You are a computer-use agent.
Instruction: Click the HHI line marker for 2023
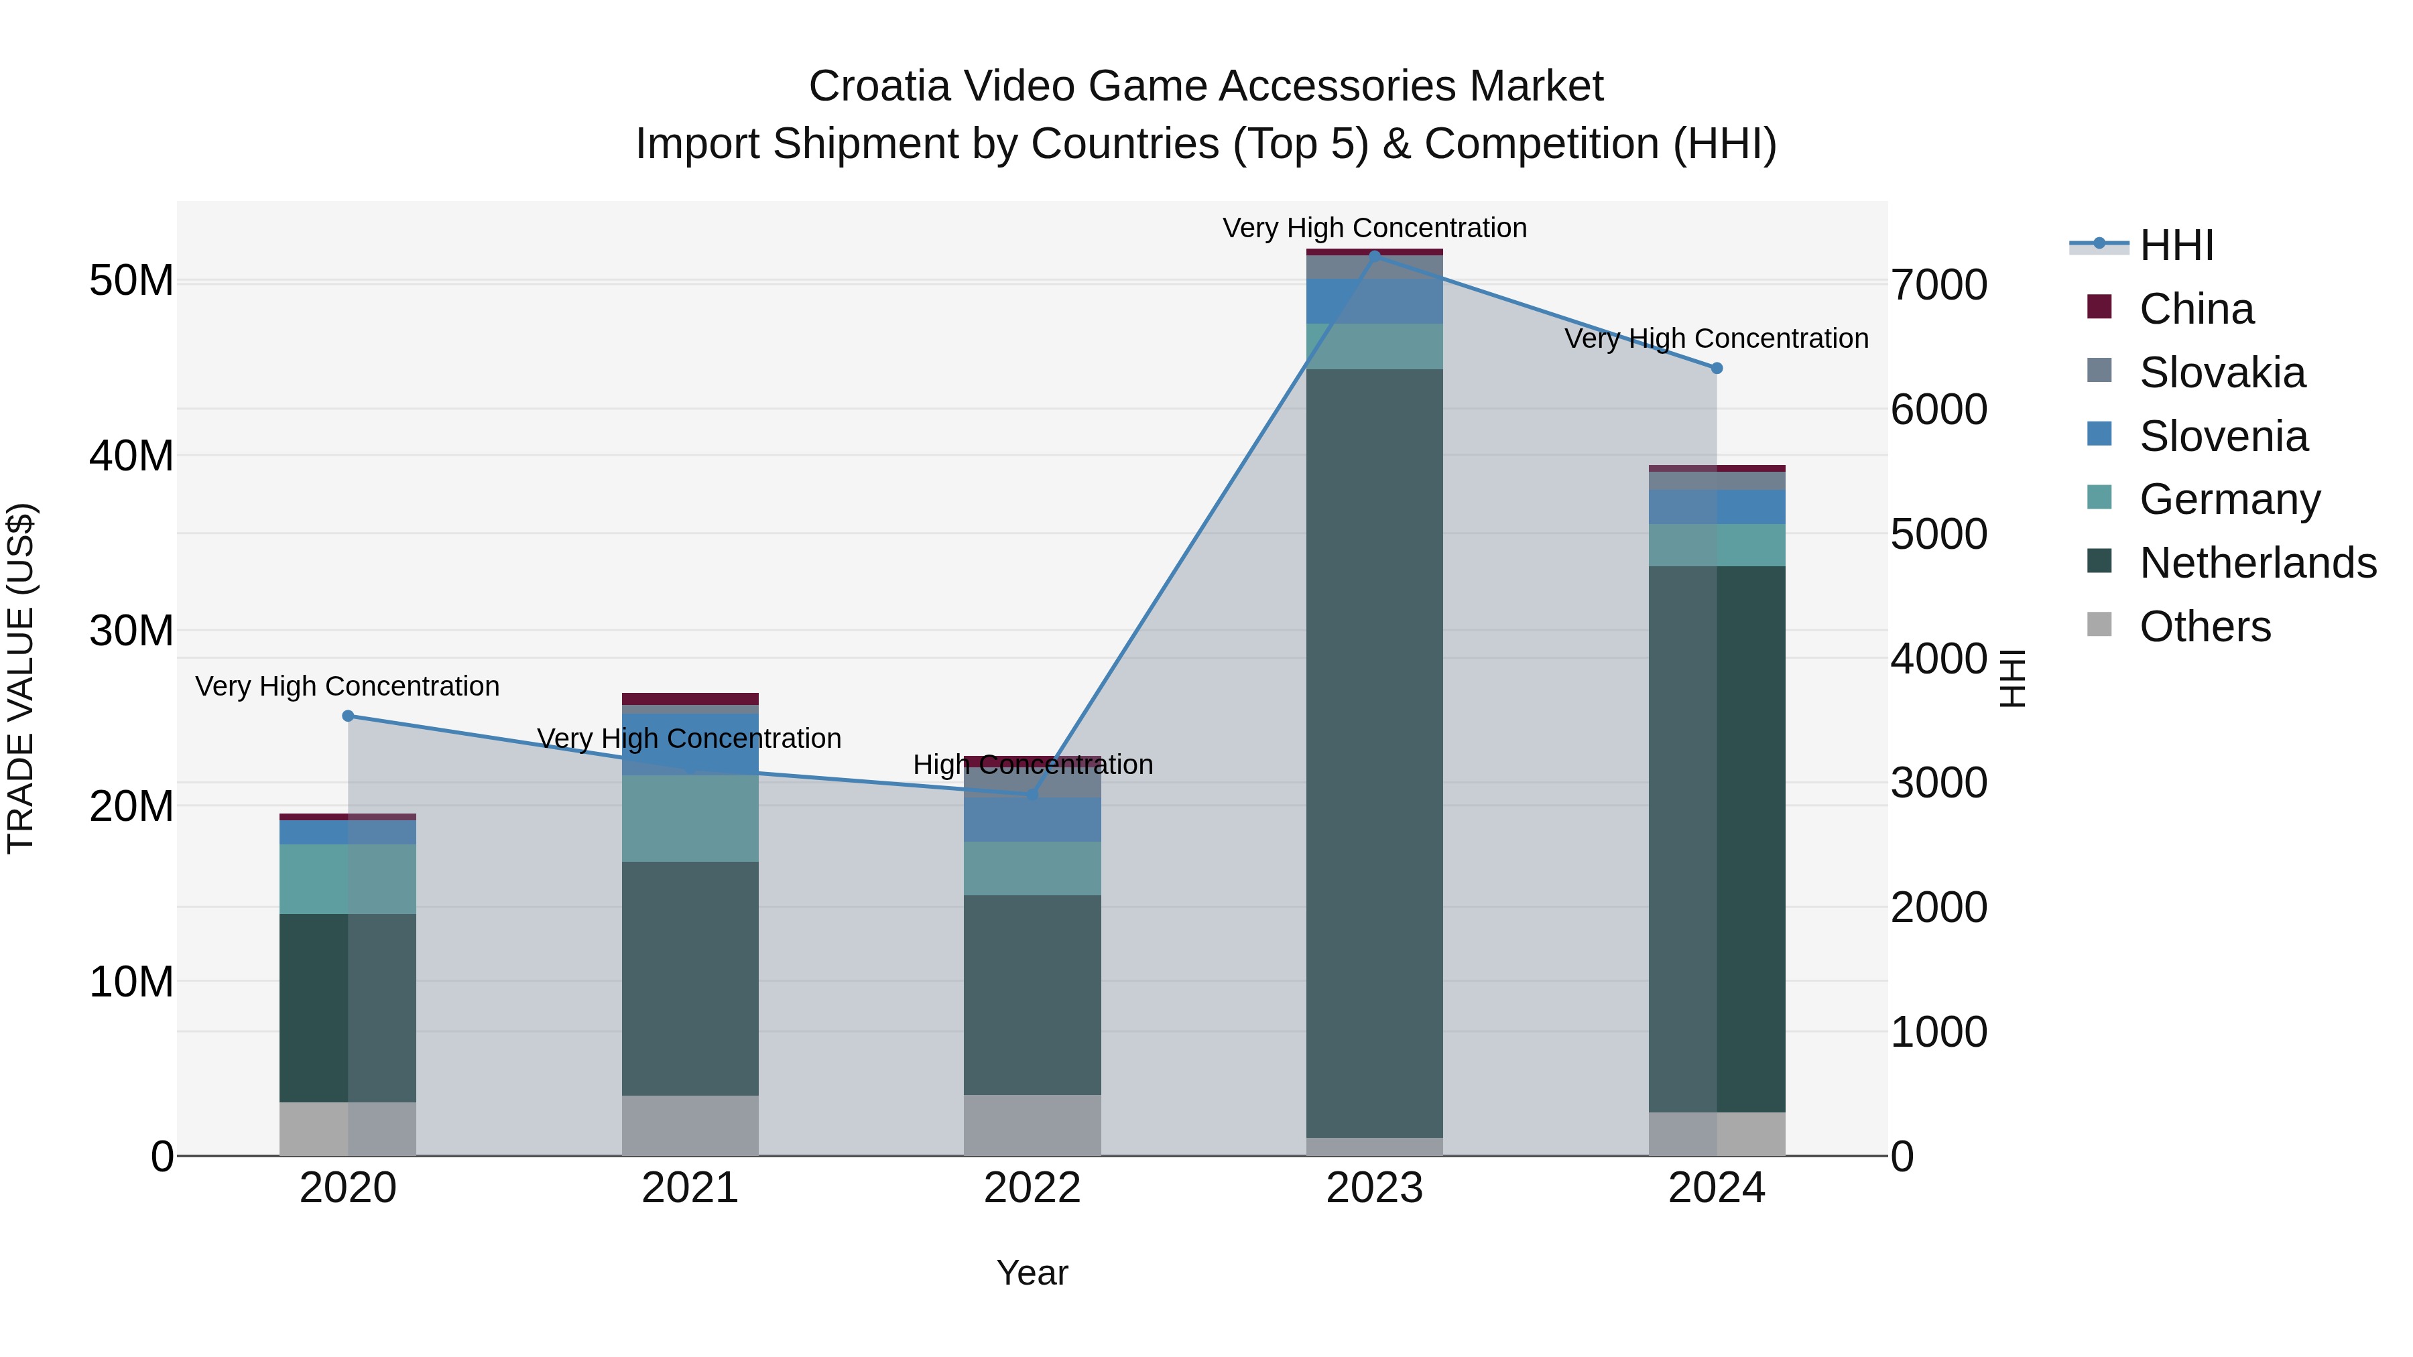[1374, 255]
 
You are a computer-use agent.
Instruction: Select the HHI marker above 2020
[347, 716]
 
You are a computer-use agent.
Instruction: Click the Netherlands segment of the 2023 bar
[1374, 749]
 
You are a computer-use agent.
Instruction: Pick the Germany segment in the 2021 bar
[690, 818]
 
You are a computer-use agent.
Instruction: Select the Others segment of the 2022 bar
[1032, 1124]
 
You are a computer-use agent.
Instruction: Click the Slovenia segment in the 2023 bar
[1374, 302]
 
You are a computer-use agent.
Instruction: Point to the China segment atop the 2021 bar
[690, 699]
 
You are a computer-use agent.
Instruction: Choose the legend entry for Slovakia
[2222, 373]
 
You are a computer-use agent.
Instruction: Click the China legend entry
[2196, 309]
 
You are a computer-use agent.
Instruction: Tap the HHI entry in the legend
[2176, 245]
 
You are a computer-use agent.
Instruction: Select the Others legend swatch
[2099, 625]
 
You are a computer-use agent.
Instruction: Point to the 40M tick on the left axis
[131, 456]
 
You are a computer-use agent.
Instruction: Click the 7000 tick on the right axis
[1938, 285]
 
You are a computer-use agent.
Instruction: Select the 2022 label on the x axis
[1032, 1188]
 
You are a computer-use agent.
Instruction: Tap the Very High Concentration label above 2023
[1374, 228]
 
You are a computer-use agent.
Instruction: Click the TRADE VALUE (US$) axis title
[21, 678]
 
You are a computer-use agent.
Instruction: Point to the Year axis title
[1032, 1273]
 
